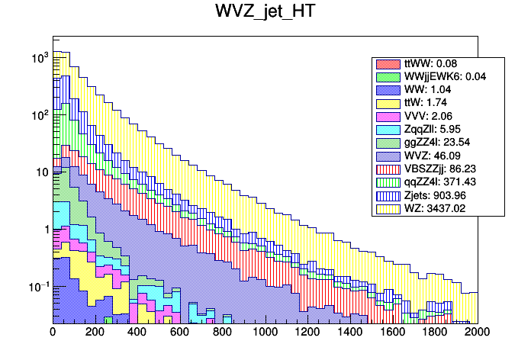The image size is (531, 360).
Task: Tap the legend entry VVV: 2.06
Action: coord(427,116)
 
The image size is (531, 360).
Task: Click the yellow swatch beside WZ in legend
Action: coord(388,207)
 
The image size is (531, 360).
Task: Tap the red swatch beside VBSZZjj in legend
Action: coord(388,169)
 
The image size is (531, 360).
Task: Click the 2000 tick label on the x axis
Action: coord(478,333)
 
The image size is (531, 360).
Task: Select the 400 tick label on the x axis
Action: coord(137,333)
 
